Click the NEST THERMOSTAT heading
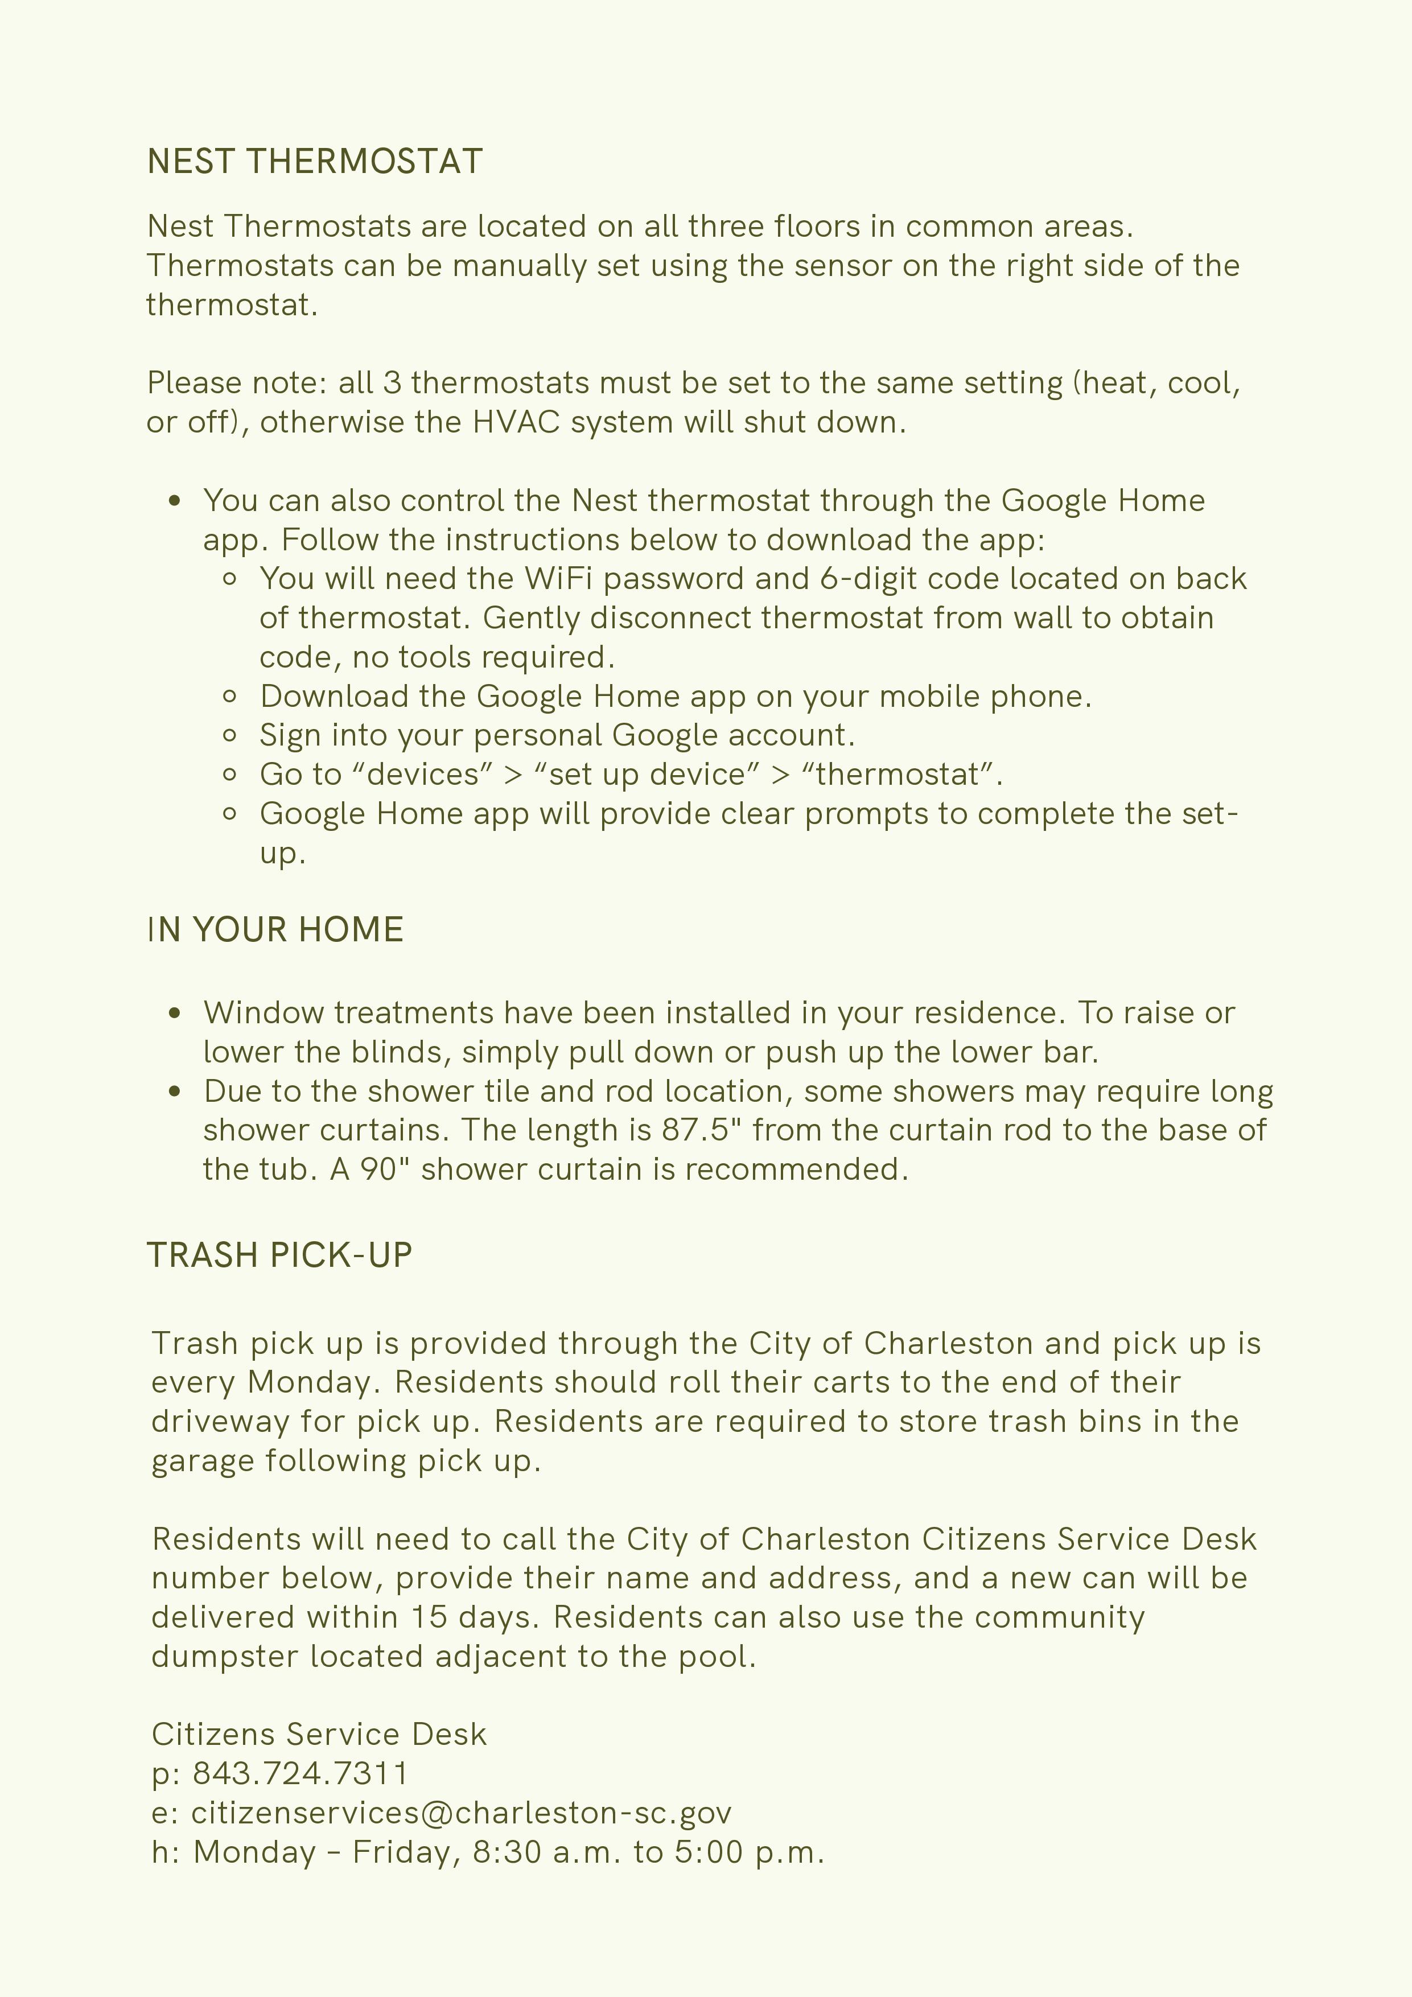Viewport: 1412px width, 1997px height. click(x=315, y=163)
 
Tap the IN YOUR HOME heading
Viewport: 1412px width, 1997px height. click(x=275, y=930)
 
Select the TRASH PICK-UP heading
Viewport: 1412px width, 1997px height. click(x=279, y=1256)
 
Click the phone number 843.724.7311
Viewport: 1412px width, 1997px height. click(x=300, y=1773)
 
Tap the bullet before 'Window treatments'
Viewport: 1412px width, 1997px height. click(x=175, y=1013)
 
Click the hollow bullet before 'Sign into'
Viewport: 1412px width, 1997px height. click(x=230, y=736)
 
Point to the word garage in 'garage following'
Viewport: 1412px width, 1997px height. click(x=204, y=1461)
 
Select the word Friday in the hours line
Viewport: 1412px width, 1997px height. click(x=405, y=1852)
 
